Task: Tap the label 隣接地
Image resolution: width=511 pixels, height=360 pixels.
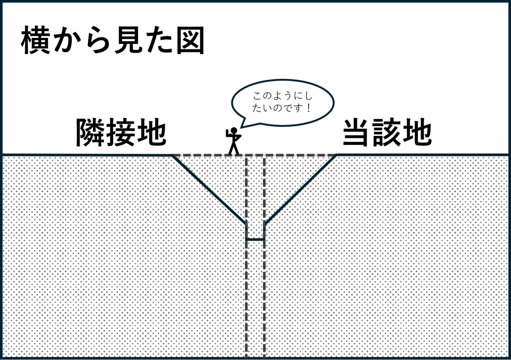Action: [x=121, y=132]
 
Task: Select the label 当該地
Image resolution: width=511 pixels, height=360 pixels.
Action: [x=387, y=132]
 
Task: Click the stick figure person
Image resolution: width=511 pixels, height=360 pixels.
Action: [x=233, y=141]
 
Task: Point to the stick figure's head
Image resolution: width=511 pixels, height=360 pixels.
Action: [x=233, y=131]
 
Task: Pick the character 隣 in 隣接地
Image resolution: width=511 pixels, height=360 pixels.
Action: [x=90, y=132]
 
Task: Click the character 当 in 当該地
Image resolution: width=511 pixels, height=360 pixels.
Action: [x=357, y=132]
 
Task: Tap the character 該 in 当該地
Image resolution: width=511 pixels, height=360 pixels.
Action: [x=387, y=132]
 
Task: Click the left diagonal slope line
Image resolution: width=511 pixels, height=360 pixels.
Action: [x=209, y=189]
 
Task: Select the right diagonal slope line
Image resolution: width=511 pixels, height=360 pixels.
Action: [x=300, y=189]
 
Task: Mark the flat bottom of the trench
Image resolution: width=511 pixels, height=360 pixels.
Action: [x=255, y=239]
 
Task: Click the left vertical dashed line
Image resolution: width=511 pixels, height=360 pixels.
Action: [x=247, y=298]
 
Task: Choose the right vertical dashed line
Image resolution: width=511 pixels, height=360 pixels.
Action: [x=264, y=298]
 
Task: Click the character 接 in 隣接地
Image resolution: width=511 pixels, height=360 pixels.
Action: [x=121, y=132]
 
